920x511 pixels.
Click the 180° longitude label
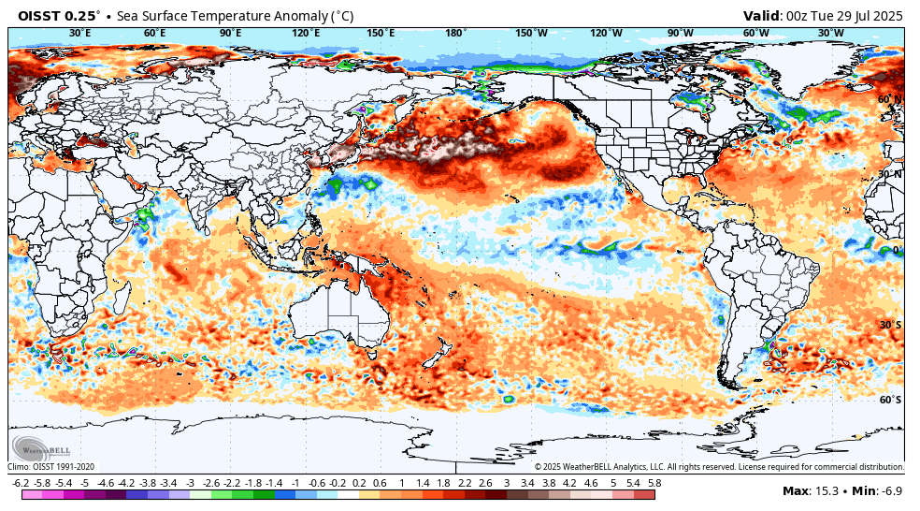[455, 33]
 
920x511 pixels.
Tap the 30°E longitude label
[80, 33]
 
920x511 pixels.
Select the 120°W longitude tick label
[606, 33]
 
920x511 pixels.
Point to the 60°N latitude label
[889, 99]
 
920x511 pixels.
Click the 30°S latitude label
[890, 325]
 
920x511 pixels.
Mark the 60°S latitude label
[890, 400]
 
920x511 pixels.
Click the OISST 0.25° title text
[59, 16]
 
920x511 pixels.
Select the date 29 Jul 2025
[864, 16]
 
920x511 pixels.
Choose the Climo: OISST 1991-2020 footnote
[51, 466]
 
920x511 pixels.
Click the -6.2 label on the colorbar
[21, 482]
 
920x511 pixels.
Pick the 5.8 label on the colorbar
[654, 482]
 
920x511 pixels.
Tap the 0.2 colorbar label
[359, 482]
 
